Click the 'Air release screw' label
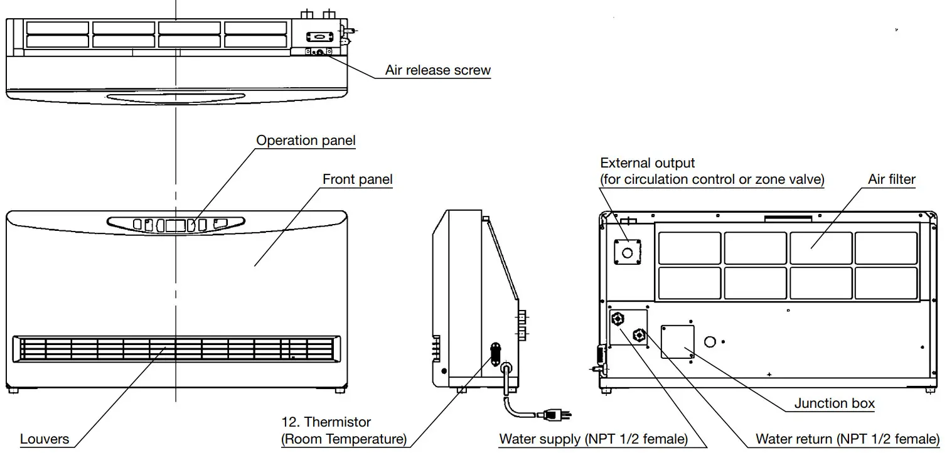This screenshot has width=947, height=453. point(437,70)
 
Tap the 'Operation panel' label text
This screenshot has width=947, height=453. point(306,140)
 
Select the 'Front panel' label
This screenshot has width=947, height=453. point(357,179)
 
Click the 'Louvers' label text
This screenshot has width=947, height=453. point(45,439)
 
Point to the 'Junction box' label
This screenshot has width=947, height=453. point(834,403)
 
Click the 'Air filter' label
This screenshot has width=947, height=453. point(891,179)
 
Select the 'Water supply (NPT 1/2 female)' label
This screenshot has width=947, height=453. point(593,439)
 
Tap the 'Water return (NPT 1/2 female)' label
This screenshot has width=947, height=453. point(847,439)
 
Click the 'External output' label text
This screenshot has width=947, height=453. point(647,163)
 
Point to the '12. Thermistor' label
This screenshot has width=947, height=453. point(326,422)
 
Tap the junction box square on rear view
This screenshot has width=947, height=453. point(677,341)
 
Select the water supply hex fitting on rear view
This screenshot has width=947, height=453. point(618,319)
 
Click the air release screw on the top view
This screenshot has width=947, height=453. point(319,53)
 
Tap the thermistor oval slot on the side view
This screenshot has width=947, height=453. point(495,353)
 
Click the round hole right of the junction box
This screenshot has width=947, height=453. point(710,341)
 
